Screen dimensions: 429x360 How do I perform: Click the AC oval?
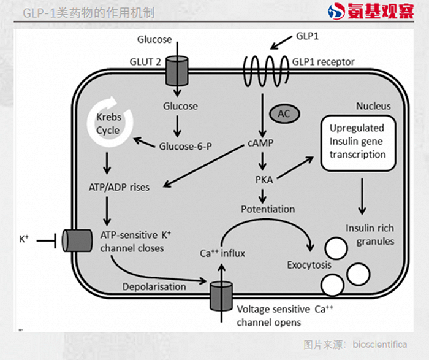pyautogui.click(x=284, y=113)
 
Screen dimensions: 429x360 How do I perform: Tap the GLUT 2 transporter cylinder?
pyautogui.click(x=177, y=71)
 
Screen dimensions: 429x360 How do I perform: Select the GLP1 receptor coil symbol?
pyautogui.click(x=266, y=71)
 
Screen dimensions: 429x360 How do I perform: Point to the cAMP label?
pyautogui.click(x=260, y=143)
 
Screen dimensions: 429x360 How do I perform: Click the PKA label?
pyautogui.click(x=264, y=180)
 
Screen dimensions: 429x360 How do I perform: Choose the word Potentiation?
pyautogui.click(x=268, y=209)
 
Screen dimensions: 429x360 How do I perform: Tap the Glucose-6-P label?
pyautogui.click(x=186, y=146)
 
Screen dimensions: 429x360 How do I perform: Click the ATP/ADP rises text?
pyautogui.click(x=119, y=187)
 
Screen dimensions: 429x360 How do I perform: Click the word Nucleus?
pyautogui.click(x=373, y=106)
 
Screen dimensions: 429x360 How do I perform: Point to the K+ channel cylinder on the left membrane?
pyautogui.click(x=77, y=240)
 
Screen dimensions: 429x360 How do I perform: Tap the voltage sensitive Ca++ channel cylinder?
pyautogui.click(x=221, y=296)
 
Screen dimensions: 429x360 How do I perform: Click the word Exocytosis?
pyautogui.click(x=309, y=265)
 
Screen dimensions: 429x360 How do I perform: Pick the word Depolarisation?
pyautogui.click(x=154, y=286)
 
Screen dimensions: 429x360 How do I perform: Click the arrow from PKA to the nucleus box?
pyautogui.click(x=295, y=167)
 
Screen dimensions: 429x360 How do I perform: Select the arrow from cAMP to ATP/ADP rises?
pyautogui.click(x=204, y=166)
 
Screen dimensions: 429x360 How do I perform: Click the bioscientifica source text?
pyautogui.click(x=380, y=345)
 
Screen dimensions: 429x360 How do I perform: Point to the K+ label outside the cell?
pyautogui.click(x=24, y=239)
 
